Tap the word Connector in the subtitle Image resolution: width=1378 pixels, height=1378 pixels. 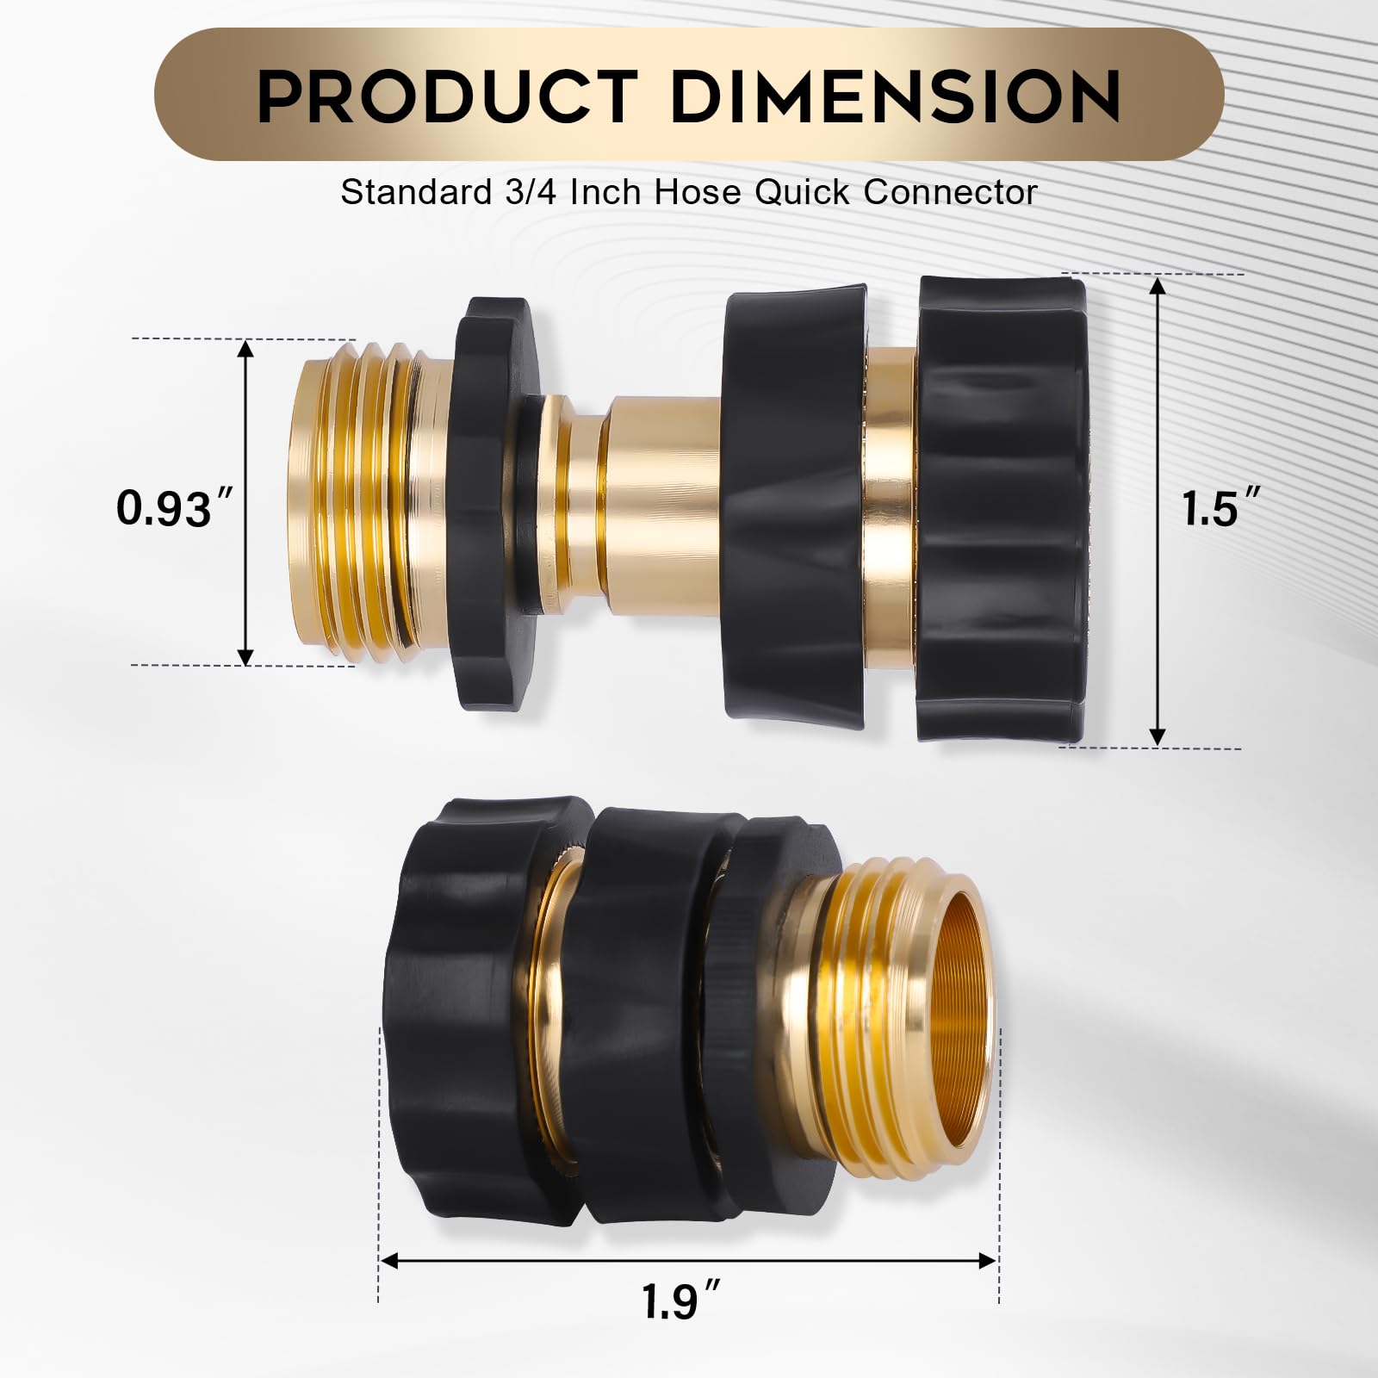[x=951, y=192]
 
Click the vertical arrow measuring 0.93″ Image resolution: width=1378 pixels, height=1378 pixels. [x=246, y=502]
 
